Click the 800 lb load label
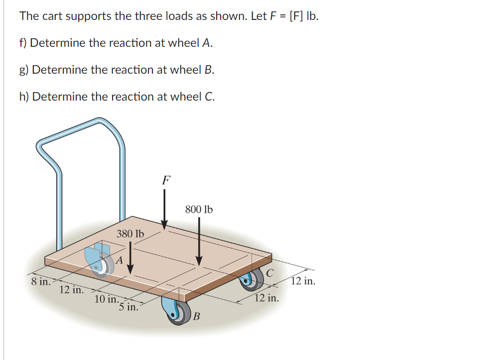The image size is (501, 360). (x=199, y=210)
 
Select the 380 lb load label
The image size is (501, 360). (x=130, y=234)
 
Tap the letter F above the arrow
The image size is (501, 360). (x=166, y=180)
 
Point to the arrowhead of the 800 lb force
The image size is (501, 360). (x=199, y=261)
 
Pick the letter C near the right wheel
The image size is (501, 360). (x=269, y=273)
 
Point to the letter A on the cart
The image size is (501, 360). (x=119, y=259)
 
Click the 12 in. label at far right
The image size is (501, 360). (x=303, y=281)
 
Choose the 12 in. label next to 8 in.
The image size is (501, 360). (x=71, y=290)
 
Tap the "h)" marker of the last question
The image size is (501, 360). (x=24, y=97)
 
